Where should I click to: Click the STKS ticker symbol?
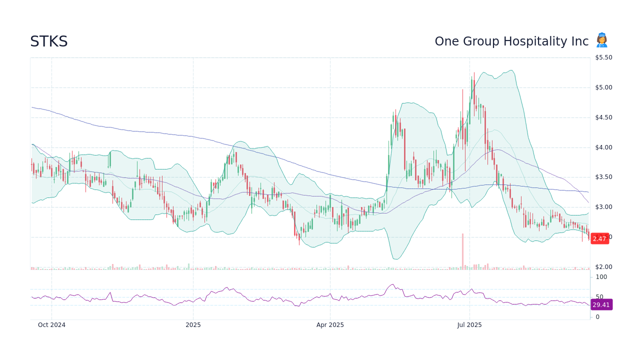point(48,41)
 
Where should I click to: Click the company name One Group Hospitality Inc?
point(511,41)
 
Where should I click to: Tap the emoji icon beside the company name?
point(601,40)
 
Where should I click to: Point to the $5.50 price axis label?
point(603,57)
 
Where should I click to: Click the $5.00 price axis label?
point(603,87)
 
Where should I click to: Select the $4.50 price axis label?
point(603,117)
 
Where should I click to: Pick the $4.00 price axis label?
point(603,147)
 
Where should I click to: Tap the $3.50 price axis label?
point(603,177)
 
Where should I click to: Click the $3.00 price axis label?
point(603,207)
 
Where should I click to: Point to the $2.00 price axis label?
point(603,267)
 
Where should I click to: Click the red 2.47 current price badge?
point(599,239)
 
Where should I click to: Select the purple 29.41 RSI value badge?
point(601,305)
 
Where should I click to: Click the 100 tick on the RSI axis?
point(601,277)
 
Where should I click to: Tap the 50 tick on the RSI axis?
point(599,297)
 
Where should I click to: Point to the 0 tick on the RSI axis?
point(597,317)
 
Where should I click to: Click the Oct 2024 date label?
point(51,325)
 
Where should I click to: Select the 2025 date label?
point(193,325)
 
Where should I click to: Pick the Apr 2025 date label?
point(330,325)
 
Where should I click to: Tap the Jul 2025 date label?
point(469,325)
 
